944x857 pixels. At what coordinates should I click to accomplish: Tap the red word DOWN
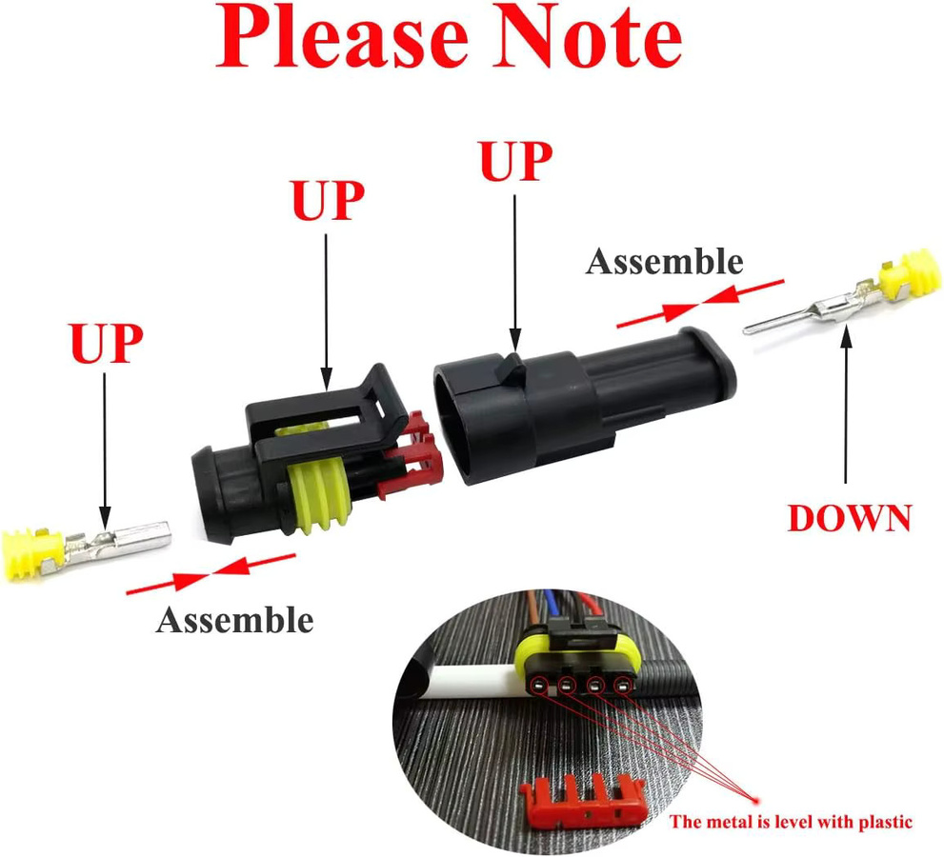click(x=850, y=518)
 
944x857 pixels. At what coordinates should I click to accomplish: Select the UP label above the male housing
click(x=516, y=161)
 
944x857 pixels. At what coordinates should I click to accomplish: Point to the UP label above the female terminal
click(x=107, y=343)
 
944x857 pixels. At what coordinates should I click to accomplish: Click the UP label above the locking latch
click(x=328, y=200)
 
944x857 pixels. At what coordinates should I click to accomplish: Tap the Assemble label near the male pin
click(x=664, y=262)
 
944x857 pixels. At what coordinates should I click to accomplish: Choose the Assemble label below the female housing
click(x=234, y=620)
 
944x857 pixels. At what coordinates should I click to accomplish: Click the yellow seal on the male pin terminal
click(x=915, y=274)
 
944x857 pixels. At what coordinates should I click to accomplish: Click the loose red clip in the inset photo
click(x=583, y=800)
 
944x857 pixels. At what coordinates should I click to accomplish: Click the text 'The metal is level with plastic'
click(x=791, y=822)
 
